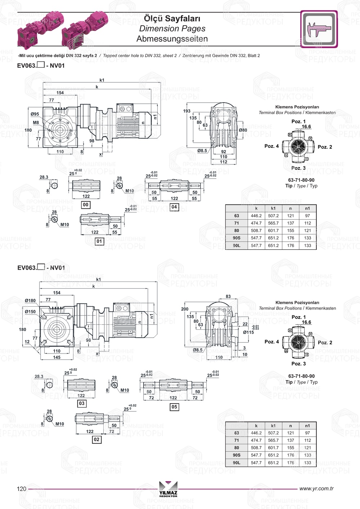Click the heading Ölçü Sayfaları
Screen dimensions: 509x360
click(172, 18)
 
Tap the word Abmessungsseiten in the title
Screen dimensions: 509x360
click(172, 39)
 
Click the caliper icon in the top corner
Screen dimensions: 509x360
click(319, 29)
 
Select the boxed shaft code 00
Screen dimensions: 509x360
click(86, 205)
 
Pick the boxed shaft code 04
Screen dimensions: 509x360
click(174, 207)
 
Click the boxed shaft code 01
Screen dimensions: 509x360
click(99, 241)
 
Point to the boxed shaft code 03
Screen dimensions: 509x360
click(82, 404)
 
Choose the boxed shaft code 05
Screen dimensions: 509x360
click(174, 407)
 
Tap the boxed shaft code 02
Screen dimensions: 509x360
click(96, 440)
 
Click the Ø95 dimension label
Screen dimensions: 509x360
click(35, 114)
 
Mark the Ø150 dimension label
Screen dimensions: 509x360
click(30, 312)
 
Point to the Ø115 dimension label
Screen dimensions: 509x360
click(248, 332)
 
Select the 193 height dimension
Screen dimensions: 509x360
click(186, 111)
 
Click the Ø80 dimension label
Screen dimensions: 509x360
click(243, 130)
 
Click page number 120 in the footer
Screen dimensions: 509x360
click(22, 488)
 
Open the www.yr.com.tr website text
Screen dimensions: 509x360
click(316, 488)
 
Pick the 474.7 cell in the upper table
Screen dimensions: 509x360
click(256, 223)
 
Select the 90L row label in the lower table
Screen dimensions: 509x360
click(237, 463)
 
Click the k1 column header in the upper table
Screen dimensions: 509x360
click(273, 208)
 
